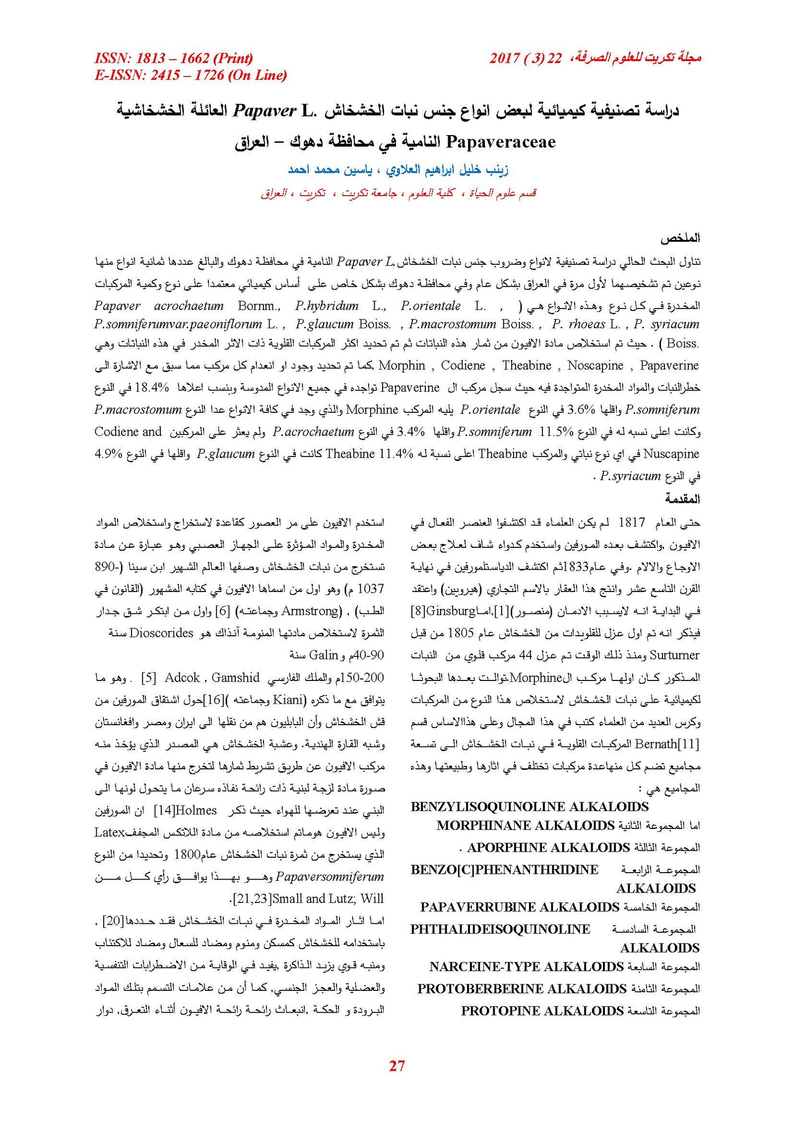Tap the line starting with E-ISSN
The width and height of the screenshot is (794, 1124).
[191, 75]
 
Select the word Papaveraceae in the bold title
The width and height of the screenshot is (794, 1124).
[501, 142]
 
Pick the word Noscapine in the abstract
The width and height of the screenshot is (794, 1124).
[595, 366]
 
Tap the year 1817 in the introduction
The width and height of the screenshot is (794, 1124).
[631, 523]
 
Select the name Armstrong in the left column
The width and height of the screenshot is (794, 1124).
[312, 611]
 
